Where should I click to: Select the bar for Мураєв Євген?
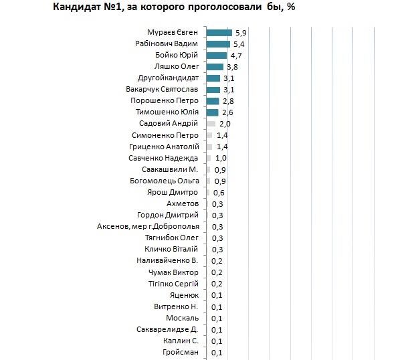tap(219, 32)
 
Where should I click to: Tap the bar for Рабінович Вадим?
tap(217, 43)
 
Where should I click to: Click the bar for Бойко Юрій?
tap(216, 55)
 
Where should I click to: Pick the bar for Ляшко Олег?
tap(214, 66)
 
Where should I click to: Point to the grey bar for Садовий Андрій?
tap(211, 124)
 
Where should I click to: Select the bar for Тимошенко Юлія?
tap(212, 112)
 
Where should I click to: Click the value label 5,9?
tap(239, 32)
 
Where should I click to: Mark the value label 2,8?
tap(227, 101)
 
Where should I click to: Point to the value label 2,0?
tap(225, 124)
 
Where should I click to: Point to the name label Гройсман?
tap(180, 353)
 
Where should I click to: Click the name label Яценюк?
tap(185, 295)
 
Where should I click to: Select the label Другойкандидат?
tap(167, 78)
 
